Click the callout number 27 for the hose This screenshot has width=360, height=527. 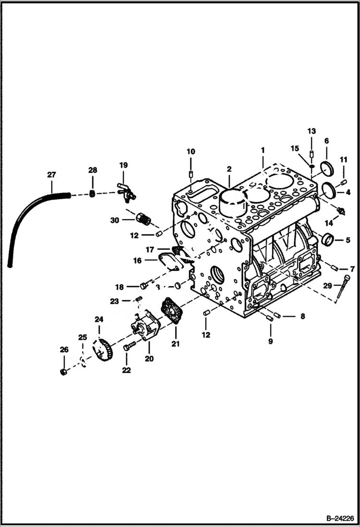(51, 175)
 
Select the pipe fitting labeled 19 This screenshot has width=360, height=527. (126, 192)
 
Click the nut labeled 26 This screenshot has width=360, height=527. (63, 372)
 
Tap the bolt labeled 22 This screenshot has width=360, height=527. (128, 346)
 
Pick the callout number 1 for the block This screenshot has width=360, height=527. (263, 150)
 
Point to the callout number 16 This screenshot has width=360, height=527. (138, 260)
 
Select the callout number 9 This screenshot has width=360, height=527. (270, 341)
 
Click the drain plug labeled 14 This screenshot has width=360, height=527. (341, 210)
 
